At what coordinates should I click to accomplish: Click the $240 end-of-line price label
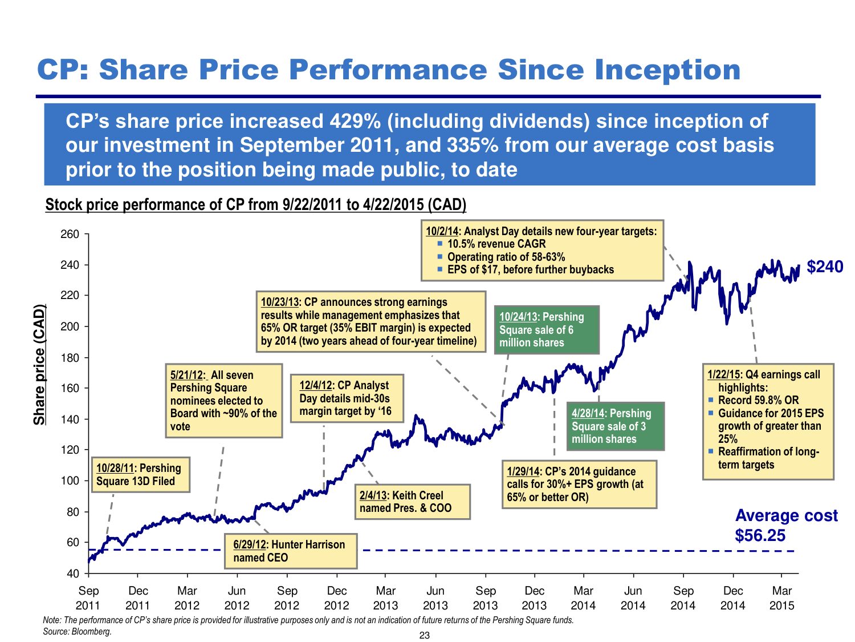click(825, 267)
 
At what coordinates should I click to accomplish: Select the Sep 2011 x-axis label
click(88, 598)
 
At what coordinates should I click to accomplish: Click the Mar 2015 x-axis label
click(781, 598)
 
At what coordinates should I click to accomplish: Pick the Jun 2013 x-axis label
click(435, 598)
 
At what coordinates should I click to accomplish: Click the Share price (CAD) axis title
click(39, 365)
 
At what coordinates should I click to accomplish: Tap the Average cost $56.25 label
click(786, 526)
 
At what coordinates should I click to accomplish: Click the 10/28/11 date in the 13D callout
click(115, 469)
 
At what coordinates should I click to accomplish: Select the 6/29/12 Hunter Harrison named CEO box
click(291, 551)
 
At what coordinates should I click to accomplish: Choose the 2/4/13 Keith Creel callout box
click(412, 502)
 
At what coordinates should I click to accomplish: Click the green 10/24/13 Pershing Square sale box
click(547, 330)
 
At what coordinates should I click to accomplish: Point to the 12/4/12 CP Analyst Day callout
click(347, 398)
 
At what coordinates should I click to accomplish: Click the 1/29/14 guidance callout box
click(579, 484)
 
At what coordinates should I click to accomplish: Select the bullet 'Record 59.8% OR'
click(758, 401)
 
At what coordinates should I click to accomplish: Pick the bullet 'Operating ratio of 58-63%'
click(506, 257)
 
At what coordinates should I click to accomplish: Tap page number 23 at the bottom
click(425, 636)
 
